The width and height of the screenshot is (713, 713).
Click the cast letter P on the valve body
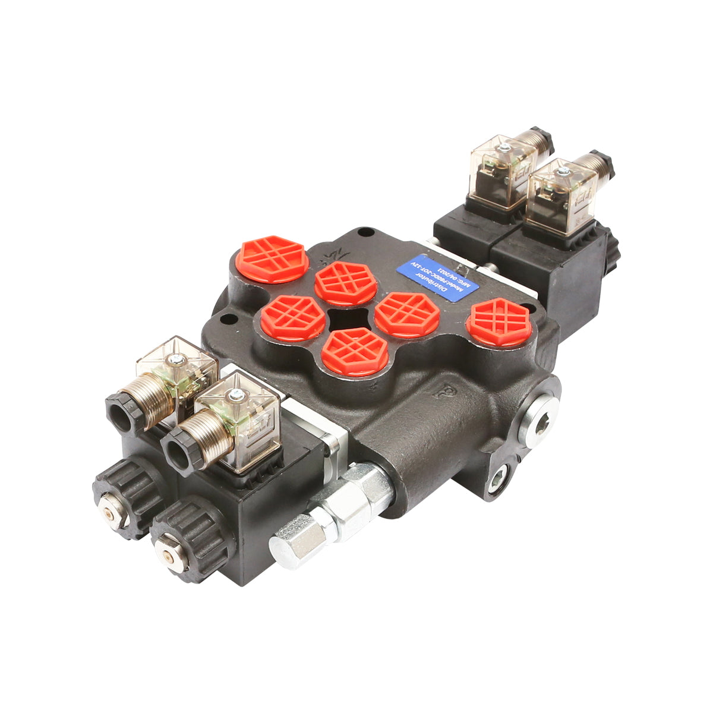(441, 392)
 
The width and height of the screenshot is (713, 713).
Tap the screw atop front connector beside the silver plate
(235, 393)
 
